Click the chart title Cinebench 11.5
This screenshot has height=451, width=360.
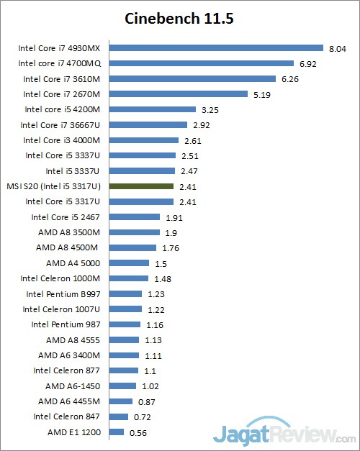[x=180, y=17]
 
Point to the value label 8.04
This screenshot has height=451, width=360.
[x=338, y=48]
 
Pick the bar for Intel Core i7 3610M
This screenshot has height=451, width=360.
[x=191, y=79]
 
